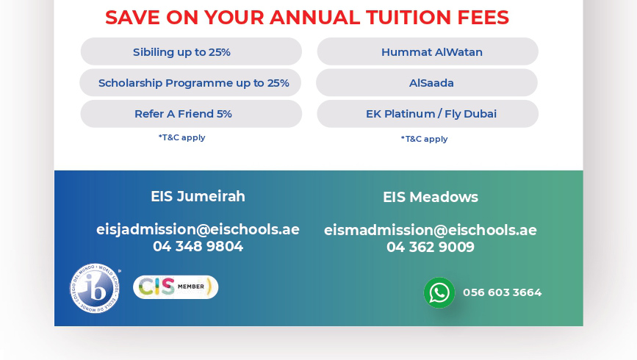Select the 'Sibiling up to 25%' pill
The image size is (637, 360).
pos(191,52)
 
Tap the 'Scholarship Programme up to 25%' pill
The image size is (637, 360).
pos(191,83)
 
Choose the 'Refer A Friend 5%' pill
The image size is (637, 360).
pos(191,114)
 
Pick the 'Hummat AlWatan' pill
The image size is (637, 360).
pos(428,52)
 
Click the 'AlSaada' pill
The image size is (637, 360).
pos(428,83)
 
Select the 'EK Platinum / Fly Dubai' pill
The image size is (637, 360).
pos(428,114)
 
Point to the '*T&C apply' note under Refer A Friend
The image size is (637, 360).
pos(181,137)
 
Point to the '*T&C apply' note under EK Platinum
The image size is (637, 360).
pos(424,139)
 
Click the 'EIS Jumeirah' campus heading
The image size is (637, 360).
pos(198,197)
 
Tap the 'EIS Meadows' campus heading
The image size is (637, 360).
pos(431,198)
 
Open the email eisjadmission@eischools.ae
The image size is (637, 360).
pos(198,229)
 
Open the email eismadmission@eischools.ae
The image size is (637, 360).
pos(431,230)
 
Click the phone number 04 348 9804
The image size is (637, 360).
pos(198,247)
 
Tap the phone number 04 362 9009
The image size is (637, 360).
pos(431,248)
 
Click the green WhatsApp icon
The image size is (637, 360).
pos(439,292)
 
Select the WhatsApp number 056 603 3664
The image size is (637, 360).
pos(502,292)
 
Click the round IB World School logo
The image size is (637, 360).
pos(96,287)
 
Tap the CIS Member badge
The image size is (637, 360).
pos(176,287)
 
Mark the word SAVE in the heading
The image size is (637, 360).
pos(132,18)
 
